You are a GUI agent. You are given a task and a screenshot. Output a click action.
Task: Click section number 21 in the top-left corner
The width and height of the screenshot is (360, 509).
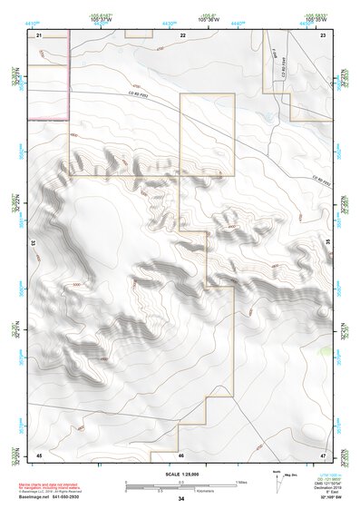(x=40, y=34)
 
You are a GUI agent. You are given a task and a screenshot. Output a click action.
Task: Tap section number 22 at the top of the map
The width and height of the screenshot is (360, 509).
(x=182, y=34)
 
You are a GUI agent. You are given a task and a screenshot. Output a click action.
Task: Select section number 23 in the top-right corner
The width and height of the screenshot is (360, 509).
(x=323, y=34)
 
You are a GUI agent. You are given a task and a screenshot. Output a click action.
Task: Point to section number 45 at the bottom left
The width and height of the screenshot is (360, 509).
(x=40, y=454)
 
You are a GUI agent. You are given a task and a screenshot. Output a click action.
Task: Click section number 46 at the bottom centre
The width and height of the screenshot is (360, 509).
(x=181, y=454)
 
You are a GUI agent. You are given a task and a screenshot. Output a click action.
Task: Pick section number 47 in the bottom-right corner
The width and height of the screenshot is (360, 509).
(x=323, y=454)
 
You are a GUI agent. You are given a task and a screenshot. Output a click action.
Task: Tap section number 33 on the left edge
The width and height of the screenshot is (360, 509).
(x=34, y=243)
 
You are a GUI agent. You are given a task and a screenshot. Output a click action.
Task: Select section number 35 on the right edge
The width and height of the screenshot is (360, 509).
(x=328, y=243)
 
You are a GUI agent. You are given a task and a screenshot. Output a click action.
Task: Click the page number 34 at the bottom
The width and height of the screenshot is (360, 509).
(x=181, y=499)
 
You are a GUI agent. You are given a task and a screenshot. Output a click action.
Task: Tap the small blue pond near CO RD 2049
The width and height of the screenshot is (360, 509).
(x=266, y=117)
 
